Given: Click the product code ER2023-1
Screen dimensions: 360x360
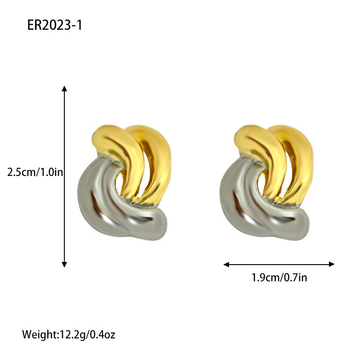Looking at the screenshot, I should (x=54, y=25).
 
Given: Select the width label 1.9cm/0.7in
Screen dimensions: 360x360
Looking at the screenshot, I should (x=279, y=277).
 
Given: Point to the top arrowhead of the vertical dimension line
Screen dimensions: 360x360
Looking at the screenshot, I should (x=64, y=88).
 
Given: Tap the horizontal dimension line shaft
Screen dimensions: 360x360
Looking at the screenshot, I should (x=279, y=264).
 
